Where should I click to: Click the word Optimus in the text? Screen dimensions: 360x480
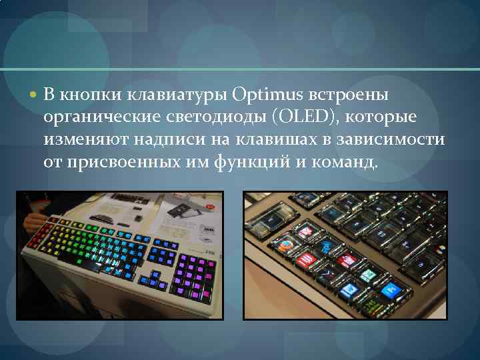[x=267, y=95]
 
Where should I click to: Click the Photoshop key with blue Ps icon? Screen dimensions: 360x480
[x=393, y=288]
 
